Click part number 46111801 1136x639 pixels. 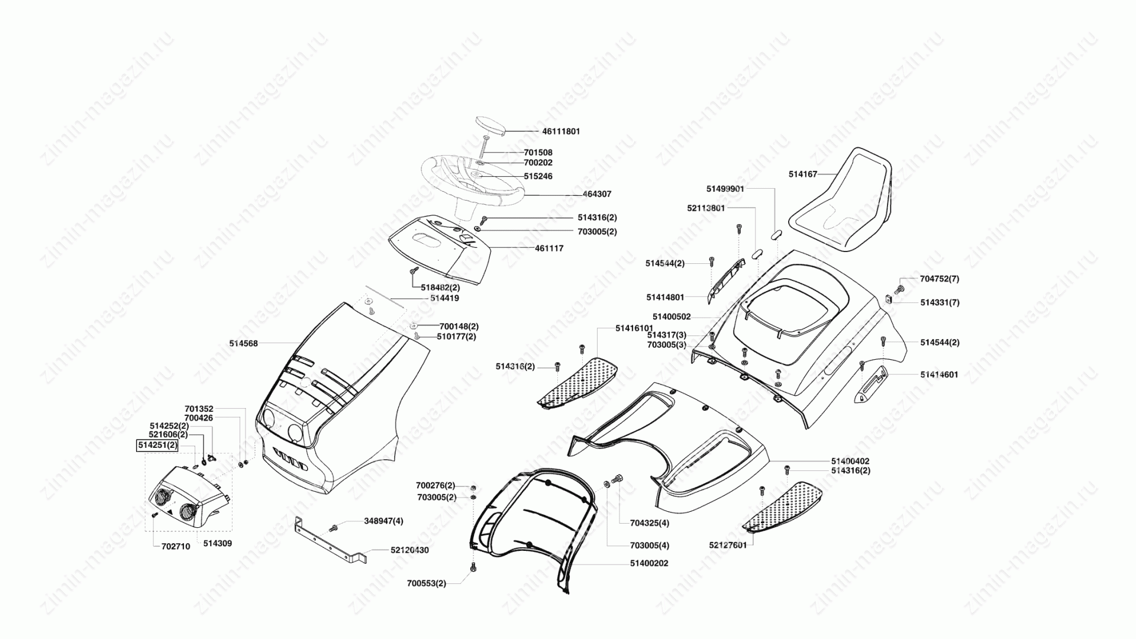[561, 131]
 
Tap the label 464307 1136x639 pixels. [597, 194]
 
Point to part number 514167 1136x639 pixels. [803, 175]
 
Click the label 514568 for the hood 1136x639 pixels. [244, 343]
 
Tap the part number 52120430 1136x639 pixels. [409, 550]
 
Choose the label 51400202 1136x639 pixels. [649, 563]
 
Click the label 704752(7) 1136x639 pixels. [940, 279]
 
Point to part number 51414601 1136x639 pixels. [939, 375]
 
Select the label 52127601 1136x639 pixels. [728, 545]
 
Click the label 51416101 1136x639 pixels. [634, 328]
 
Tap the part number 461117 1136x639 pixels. [549, 248]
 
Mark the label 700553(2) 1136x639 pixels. [427, 583]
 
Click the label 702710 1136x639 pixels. [176, 547]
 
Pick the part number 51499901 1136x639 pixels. [725, 189]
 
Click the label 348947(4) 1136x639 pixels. [383, 521]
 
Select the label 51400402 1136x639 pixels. [850, 461]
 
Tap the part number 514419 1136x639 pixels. [444, 298]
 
